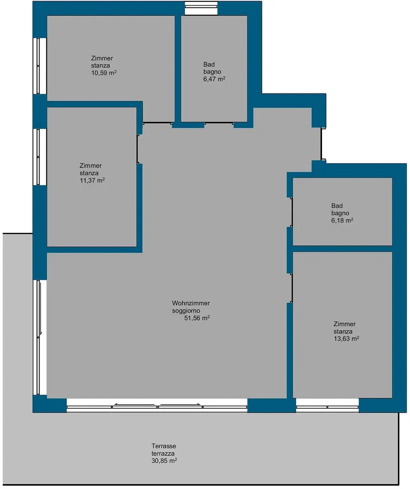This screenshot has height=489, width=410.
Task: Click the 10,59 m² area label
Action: pyautogui.click(x=104, y=73)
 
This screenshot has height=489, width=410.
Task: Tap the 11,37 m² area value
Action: pyautogui.click(x=92, y=180)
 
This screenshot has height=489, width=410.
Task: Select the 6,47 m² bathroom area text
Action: pyautogui.click(x=215, y=79)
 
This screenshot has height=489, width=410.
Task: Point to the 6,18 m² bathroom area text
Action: pyautogui.click(x=342, y=220)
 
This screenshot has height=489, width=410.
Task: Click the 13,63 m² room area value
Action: pyautogui.click(x=346, y=339)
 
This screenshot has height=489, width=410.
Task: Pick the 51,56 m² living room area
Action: pyautogui.click(x=197, y=318)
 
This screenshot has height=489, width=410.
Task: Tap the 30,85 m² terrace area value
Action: pyautogui.click(x=164, y=461)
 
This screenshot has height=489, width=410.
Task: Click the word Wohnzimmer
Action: pyautogui.click(x=191, y=303)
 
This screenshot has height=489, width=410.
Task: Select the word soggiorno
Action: pyautogui.click(x=186, y=311)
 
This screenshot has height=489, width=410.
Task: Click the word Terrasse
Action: pyautogui.click(x=164, y=446)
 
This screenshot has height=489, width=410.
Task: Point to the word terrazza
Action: pyautogui.click(x=163, y=453)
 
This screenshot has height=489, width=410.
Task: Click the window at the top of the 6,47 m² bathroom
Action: pyautogui.click(x=201, y=8)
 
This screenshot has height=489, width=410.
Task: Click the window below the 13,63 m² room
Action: pyautogui.click(x=327, y=406)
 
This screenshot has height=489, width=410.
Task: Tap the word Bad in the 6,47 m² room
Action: pyautogui.click(x=209, y=65)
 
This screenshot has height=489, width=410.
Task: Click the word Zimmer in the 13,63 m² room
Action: pyautogui.click(x=345, y=324)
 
